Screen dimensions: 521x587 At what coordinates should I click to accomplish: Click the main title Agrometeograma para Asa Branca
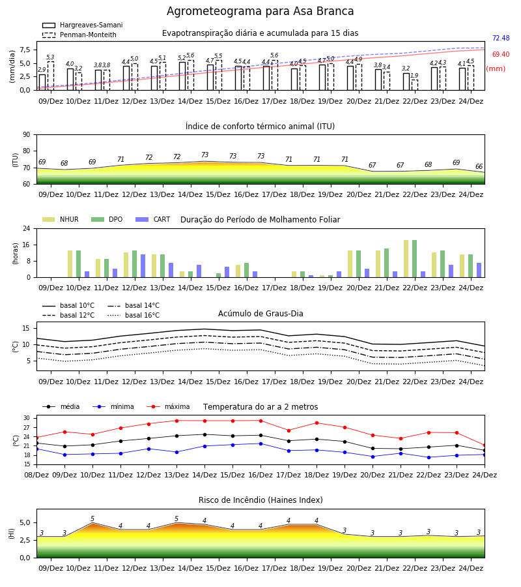(260, 11)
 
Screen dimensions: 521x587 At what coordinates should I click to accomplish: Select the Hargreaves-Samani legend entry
(83, 25)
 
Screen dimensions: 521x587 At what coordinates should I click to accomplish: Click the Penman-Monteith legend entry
(79, 35)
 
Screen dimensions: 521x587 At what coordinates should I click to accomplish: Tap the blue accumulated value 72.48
(501, 38)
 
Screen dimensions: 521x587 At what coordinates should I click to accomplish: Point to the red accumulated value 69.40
(501, 54)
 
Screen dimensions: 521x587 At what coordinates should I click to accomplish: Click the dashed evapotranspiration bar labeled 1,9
(414, 85)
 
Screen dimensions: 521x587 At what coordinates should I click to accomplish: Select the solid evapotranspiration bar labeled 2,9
(42, 82)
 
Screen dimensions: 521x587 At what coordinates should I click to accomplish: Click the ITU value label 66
(479, 166)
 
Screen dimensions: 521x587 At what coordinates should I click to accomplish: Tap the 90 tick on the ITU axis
(27, 135)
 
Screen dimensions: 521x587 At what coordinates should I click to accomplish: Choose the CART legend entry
(153, 219)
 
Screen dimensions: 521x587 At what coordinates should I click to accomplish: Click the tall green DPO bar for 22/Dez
(414, 259)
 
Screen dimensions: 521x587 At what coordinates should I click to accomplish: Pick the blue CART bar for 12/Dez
(143, 266)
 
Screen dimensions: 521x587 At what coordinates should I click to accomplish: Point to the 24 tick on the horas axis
(27, 228)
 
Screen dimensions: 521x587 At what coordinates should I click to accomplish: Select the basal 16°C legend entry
(134, 315)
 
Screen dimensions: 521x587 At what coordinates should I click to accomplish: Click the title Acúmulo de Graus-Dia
(260, 314)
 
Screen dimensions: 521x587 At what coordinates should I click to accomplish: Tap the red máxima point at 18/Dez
(317, 423)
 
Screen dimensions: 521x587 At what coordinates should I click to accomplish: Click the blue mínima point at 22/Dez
(429, 457)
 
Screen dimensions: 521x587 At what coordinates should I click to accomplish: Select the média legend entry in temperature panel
(61, 406)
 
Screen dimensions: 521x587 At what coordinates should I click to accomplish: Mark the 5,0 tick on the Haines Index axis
(25, 522)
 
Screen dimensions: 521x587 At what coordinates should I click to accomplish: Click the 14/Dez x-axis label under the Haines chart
(190, 568)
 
